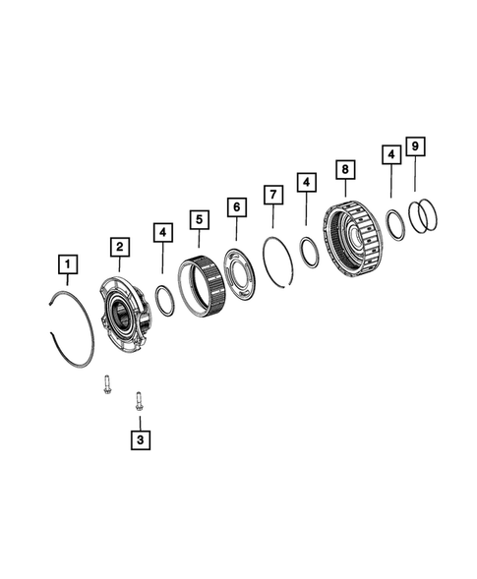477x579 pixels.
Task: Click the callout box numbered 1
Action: [x=67, y=263]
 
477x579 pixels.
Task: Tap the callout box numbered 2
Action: [x=118, y=246]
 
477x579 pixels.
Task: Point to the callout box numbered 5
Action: [x=199, y=218]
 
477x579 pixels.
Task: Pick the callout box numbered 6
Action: [x=236, y=206]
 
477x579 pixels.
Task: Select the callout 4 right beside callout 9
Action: [x=391, y=154]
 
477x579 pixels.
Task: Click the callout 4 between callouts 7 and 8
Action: [x=307, y=182]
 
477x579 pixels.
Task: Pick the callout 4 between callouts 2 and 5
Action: [x=162, y=233]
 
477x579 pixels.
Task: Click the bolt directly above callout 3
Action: [x=140, y=400]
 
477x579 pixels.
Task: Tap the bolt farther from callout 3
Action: [x=105, y=383]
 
